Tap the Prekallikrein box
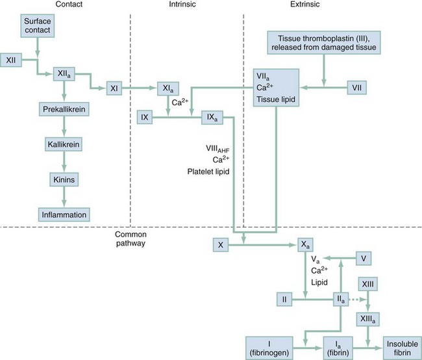62,110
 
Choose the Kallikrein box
62,142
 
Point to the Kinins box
62,177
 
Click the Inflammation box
62,214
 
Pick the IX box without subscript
145,117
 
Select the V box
365,258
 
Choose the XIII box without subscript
368,285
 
